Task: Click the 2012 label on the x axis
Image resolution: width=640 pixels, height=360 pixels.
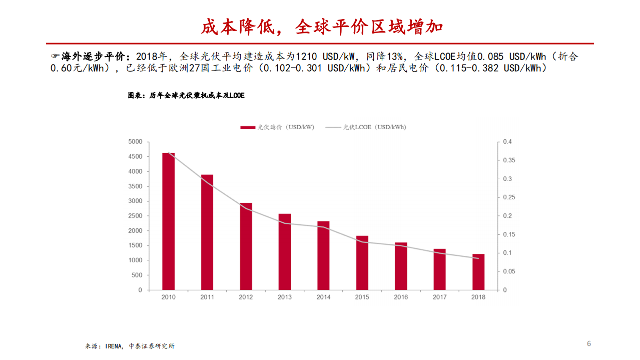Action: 246,297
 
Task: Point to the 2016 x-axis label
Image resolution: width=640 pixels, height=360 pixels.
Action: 401,297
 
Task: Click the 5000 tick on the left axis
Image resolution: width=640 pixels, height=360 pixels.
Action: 135,142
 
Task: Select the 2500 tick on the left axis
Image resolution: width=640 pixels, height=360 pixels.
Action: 135,216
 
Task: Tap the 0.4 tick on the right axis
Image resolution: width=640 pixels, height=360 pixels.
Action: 507,142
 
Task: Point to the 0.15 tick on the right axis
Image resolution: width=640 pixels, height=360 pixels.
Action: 509,234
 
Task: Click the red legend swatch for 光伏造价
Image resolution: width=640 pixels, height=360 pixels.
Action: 247,127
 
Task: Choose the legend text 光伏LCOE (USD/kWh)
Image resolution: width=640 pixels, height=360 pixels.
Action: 374,127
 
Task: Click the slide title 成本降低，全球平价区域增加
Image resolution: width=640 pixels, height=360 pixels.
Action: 322,27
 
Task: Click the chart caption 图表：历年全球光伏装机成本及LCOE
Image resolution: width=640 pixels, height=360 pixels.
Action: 186,95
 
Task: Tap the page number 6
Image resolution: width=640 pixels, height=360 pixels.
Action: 589,343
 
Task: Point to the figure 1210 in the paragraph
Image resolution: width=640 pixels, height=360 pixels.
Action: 306,56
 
